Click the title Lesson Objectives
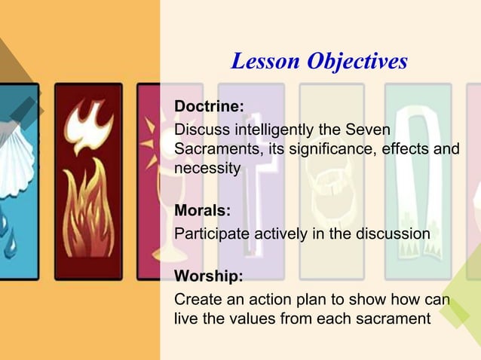[x=319, y=61]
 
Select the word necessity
[x=207, y=168]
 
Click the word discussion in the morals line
[x=393, y=233]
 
